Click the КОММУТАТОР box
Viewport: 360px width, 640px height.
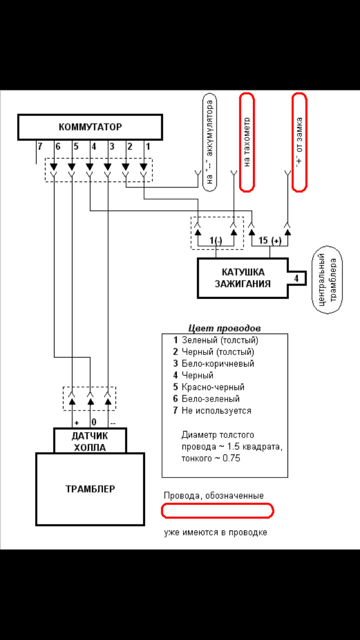point(90,127)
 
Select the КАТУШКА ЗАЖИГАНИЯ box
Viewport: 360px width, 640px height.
point(242,277)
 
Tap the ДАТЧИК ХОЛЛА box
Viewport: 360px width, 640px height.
point(90,440)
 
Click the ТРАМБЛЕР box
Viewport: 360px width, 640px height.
point(90,488)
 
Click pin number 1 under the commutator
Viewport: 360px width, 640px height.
point(147,146)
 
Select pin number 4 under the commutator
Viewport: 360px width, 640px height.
point(93,146)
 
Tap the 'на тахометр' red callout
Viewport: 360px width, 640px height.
point(247,142)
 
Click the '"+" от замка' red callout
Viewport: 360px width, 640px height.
point(299,142)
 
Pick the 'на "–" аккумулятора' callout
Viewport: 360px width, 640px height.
point(210,142)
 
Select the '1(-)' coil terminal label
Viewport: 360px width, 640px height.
point(216,240)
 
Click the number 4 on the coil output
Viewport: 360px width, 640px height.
point(296,277)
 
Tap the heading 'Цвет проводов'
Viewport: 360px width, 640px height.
point(224,328)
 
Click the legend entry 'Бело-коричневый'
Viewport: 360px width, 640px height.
point(217,363)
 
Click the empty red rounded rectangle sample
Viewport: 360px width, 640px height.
point(217,510)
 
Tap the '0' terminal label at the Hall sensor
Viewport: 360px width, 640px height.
point(93,421)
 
